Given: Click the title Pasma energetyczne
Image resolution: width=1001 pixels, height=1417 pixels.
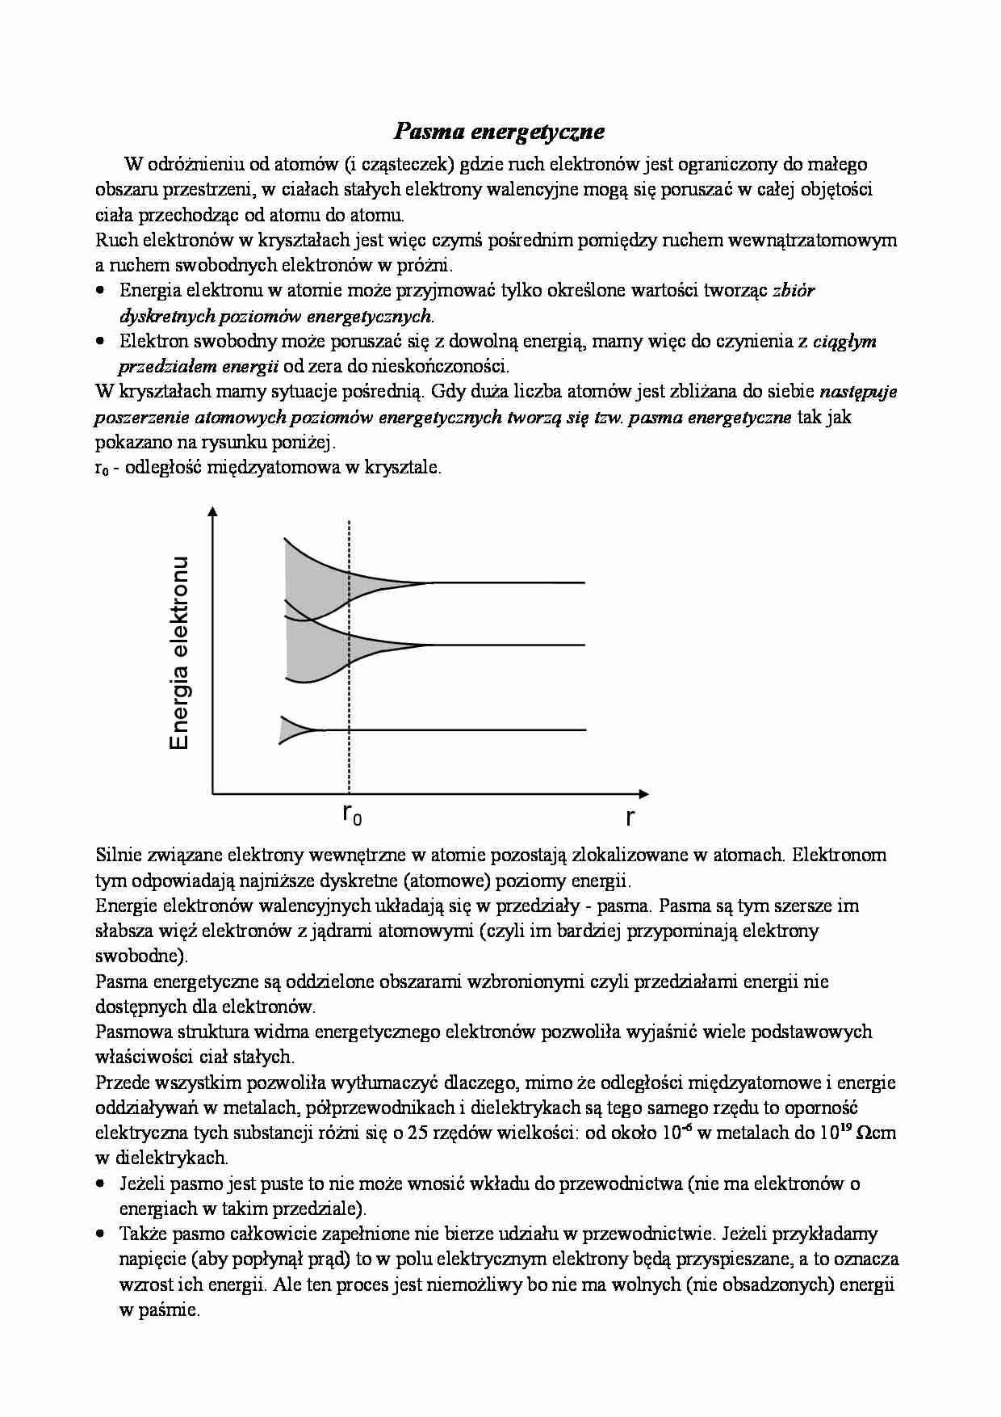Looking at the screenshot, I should coord(500,131).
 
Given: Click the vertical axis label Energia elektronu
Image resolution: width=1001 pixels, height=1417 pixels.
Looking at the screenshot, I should coord(179,653).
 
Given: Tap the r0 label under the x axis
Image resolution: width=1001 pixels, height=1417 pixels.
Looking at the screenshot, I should coord(352,815).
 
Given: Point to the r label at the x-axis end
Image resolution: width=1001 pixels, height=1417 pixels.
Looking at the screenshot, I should coord(630,817).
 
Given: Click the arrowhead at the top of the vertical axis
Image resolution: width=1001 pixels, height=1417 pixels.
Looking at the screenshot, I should coord(212,511).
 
